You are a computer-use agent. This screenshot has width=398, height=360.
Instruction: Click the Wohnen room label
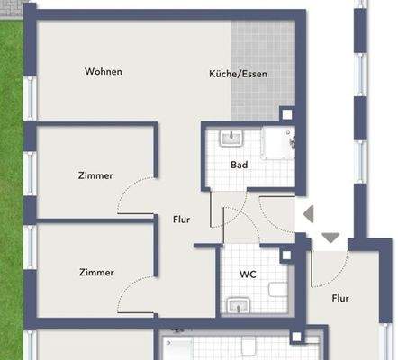[103, 71]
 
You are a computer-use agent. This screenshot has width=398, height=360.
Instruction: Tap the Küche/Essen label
[238, 75]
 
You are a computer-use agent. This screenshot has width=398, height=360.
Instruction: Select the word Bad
[239, 166]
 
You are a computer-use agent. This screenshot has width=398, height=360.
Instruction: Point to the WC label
[249, 274]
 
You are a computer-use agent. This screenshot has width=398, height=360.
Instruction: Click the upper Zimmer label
[95, 175]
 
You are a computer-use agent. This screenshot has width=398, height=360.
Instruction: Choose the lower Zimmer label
[95, 272]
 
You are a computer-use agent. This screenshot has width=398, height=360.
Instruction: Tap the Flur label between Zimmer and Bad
[181, 219]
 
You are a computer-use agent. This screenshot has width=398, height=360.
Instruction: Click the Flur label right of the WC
[340, 298]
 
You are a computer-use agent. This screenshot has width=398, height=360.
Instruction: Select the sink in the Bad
[231, 139]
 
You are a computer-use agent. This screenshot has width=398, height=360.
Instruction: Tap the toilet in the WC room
[278, 290]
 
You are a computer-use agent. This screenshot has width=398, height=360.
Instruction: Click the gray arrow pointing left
[307, 214]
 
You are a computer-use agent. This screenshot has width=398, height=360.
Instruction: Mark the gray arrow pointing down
[330, 238]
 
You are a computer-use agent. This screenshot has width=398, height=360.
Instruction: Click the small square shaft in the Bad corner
[286, 115]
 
